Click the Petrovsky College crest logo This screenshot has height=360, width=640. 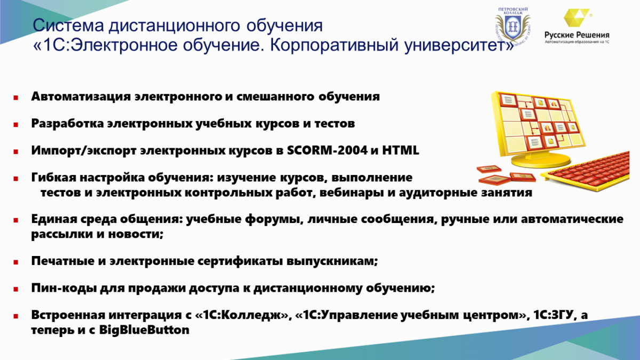pyautogui.click(x=513, y=26)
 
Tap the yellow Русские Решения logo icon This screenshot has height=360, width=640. pyautogui.click(x=576, y=18)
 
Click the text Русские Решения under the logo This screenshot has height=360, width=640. pyautogui.click(x=577, y=35)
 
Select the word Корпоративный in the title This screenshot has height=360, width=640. pyautogui.click(x=334, y=45)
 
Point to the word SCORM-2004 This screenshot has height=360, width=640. pyautogui.click(x=327, y=150)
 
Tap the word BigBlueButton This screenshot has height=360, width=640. pyautogui.click(x=145, y=330)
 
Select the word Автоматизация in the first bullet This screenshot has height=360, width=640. pyautogui.click(x=82, y=97)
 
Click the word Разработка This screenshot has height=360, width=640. pyautogui.click(x=67, y=123)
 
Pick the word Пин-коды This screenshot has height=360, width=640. pyautogui.click(x=63, y=288)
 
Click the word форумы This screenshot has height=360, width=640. pyautogui.click(x=273, y=219)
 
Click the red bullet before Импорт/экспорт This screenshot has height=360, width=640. pyautogui.click(x=15, y=151)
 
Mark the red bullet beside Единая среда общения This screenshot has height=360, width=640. pyautogui.click(x=15, y=220)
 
